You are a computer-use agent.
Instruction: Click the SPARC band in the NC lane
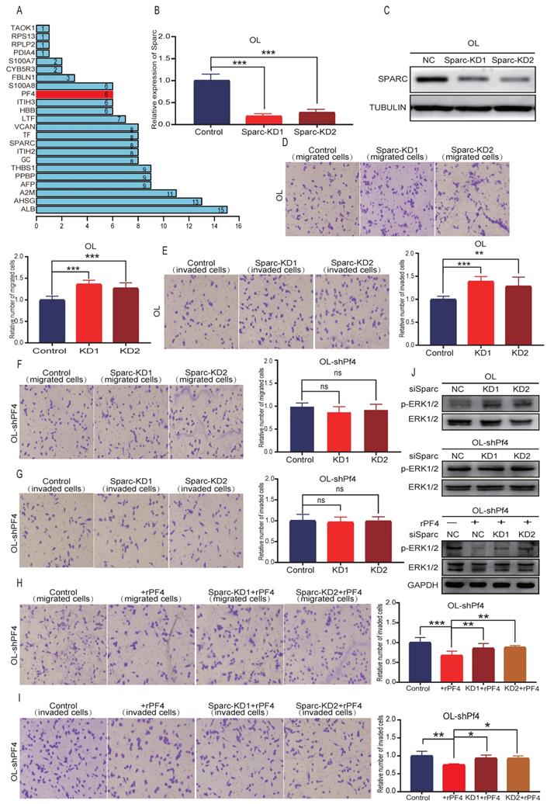pyautogui.click(x=431, y=78)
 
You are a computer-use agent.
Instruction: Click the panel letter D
pyautogui.click(x=285, y=142)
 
